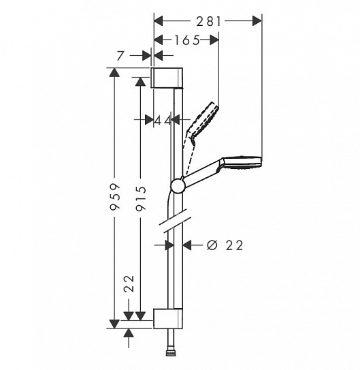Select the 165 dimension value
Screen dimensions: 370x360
[x=186, y=41]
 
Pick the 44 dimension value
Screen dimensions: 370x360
[x=162, y=120]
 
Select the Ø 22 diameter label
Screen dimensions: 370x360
[x=224, y=245]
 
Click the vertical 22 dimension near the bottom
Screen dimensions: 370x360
[x=128, y=284]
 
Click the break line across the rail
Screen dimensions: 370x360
[x=176, y=221]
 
